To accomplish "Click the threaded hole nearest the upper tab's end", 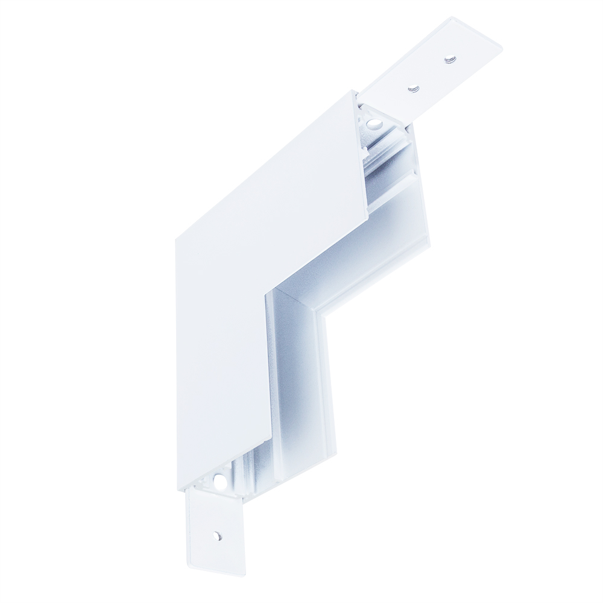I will (x=449, y=59).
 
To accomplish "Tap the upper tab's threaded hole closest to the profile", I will (x=413, y=89).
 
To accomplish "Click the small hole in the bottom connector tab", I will (x=216, y=535).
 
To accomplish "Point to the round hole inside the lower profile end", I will (x=221, y=482).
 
